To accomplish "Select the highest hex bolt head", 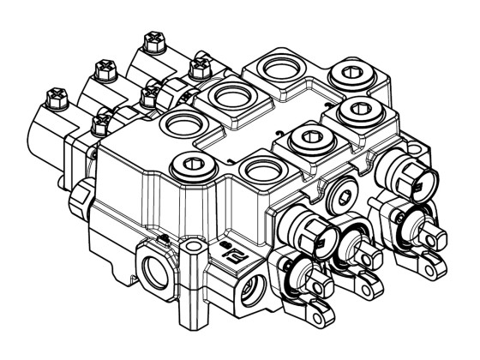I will pyautogui.click(x=154, y=39).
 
